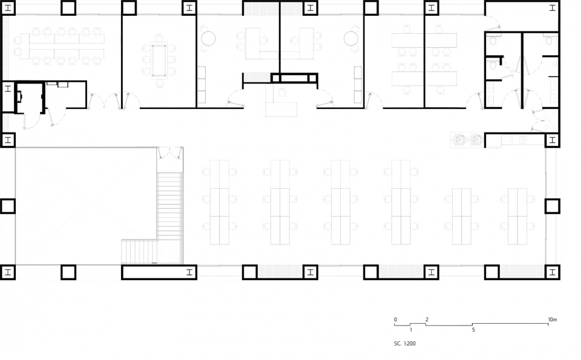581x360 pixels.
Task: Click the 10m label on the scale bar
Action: tap(552, 319)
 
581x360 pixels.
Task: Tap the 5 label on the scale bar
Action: tap(473, 329)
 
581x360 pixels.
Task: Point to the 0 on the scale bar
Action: tap(395, 319)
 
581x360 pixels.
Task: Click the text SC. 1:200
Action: tap(405, 343)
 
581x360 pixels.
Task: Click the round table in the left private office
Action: tap(208, 38)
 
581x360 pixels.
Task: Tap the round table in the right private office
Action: tap(351, 38)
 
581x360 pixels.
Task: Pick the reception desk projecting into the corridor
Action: tap(281, 110)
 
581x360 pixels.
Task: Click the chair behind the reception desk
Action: tap(283, 93)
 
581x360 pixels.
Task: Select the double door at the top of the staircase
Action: tap(169, 153)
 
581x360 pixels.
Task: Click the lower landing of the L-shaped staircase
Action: tap(139, 252)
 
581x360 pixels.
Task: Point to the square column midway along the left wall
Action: tap(7, 206)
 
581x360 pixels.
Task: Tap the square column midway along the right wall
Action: tap(552, 206)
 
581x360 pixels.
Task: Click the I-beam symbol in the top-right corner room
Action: tap(553, 7)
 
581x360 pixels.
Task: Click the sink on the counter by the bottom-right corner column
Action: tap(522, 140)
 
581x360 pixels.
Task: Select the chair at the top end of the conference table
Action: tap(159, 38)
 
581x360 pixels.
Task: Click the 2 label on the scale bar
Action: tap(427, 319)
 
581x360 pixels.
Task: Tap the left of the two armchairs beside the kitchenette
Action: tap(460, 140)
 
